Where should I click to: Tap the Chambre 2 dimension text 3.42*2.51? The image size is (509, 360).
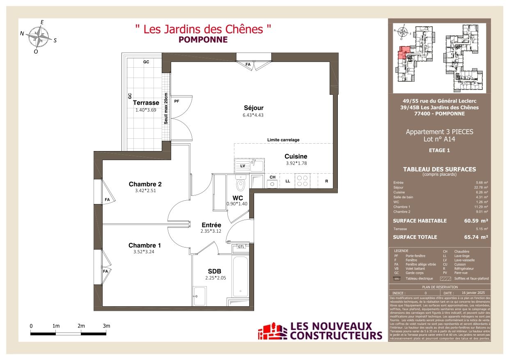click(142, 190)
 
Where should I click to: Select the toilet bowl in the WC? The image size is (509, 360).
click(242, 184)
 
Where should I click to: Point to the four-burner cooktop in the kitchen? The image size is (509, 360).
click(303, 181)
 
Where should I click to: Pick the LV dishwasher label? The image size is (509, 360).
click(243, 166)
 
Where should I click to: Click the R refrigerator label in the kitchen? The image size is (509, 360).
click(326, 181)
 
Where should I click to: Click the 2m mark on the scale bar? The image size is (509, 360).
click(81, 326)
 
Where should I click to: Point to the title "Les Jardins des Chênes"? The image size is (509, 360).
click(203, 29)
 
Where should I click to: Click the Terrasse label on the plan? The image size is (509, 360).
click(146, 103)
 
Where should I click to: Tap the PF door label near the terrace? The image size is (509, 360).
click(177, 101)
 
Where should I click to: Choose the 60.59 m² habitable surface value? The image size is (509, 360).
click(475, 221)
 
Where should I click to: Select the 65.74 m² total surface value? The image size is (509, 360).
click(475, 237)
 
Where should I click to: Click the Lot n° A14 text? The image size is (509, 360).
click(439, 139)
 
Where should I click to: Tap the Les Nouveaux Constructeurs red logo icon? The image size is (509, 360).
click(272, 331)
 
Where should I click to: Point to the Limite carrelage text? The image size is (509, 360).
click(283, 140)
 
